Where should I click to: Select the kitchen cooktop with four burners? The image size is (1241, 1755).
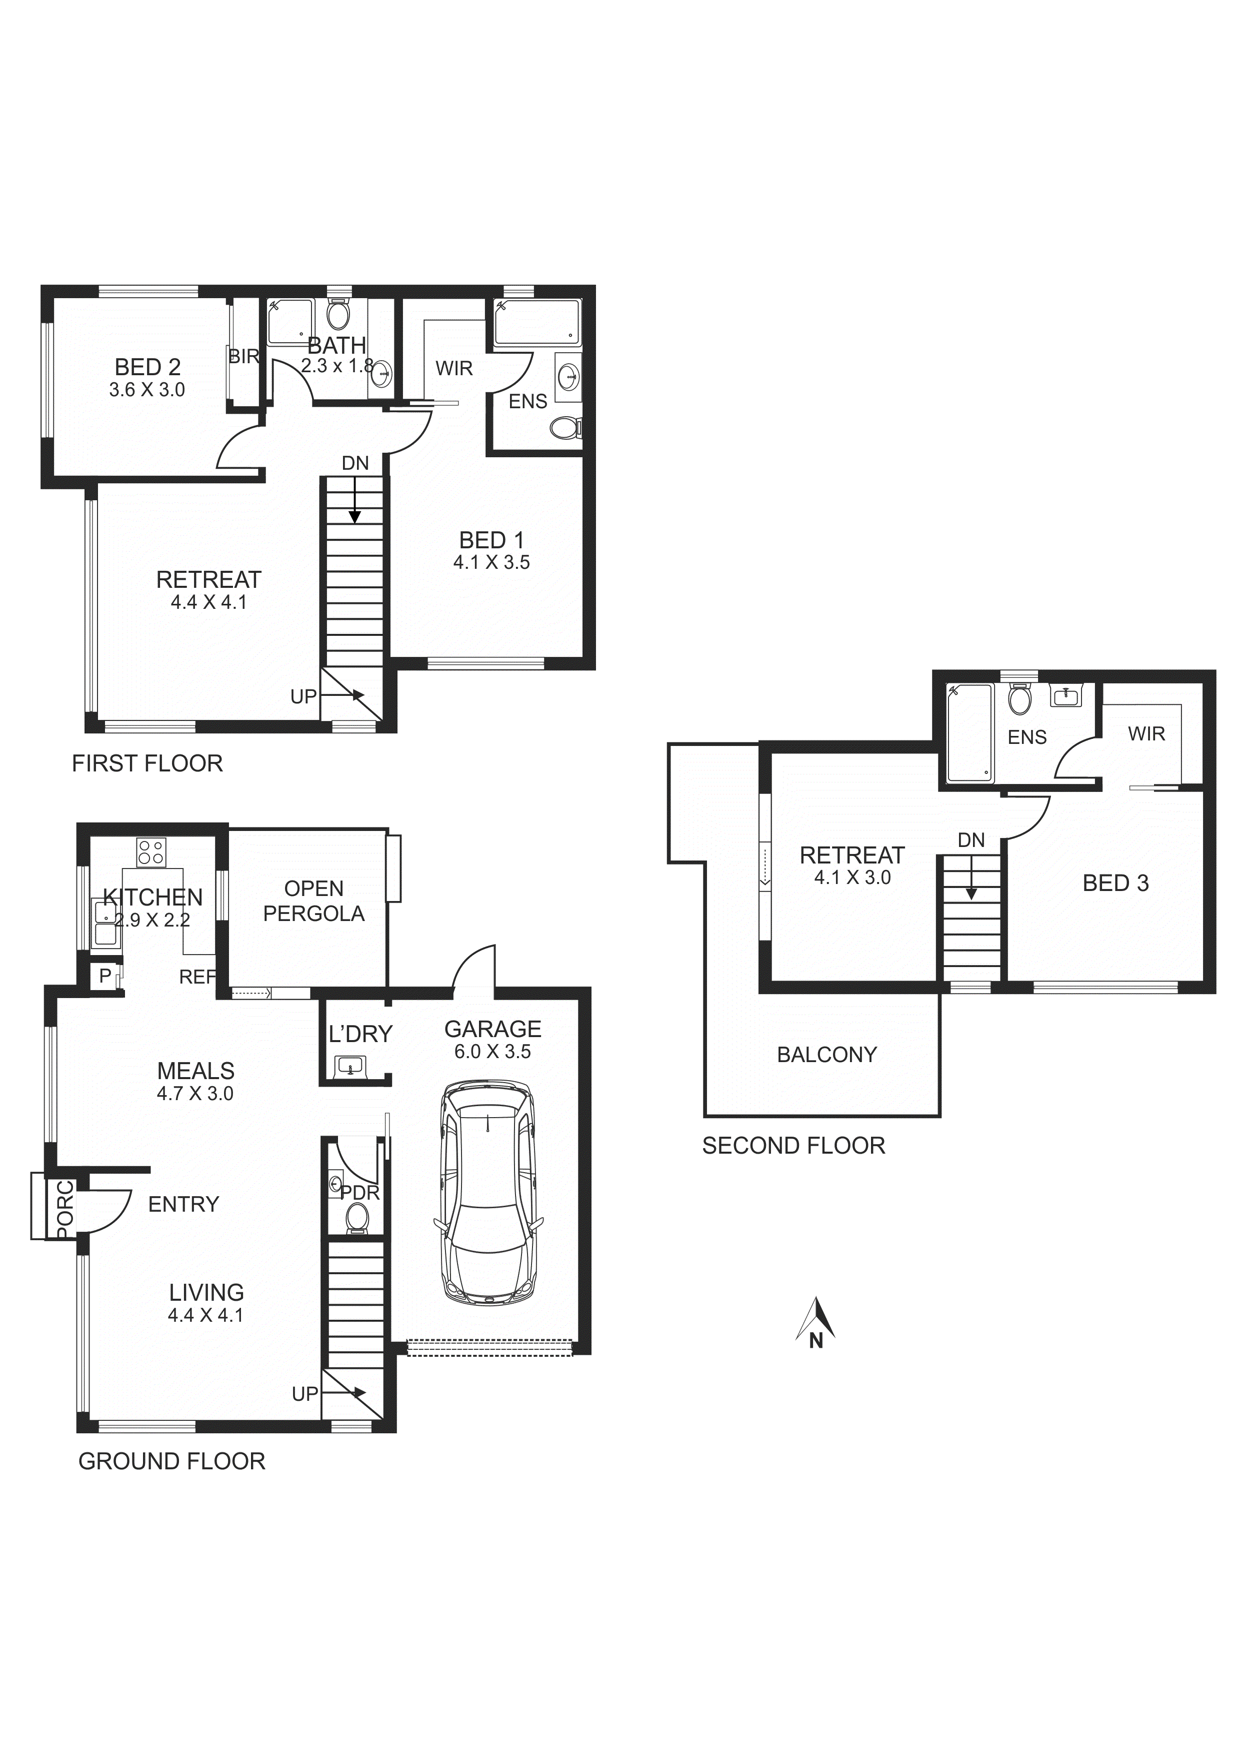tap(151, 852)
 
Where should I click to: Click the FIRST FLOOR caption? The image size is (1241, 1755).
tap(147, 763)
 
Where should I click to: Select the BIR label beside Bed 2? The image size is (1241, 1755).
tap(244, 356)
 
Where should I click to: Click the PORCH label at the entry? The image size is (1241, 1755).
tap(65, 1209)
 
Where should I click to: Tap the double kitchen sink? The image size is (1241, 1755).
tap(103, 924)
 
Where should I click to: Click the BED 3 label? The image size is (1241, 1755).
tap(1115, 883)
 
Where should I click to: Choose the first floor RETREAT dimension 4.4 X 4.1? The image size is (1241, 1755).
tap(208, 602)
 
